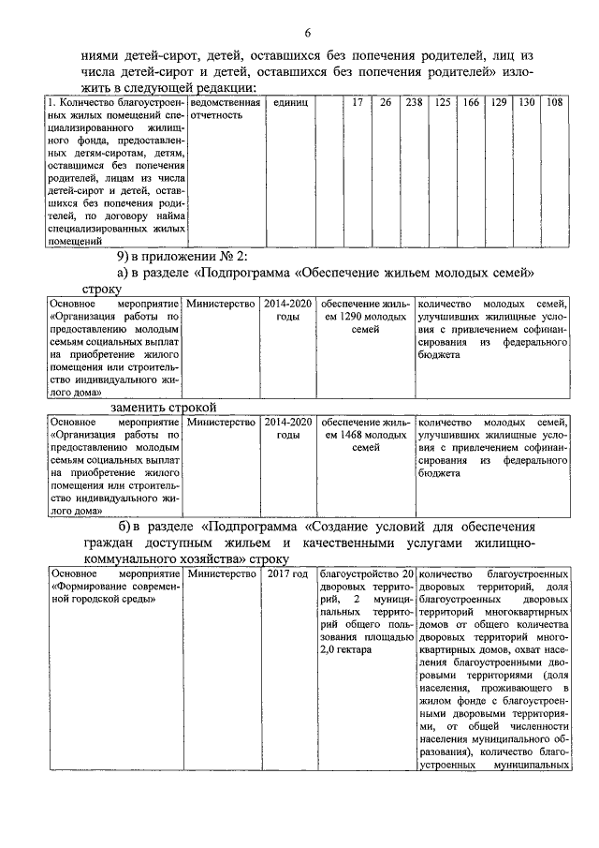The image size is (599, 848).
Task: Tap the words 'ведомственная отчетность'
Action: pyautogui.click(x=221, y=108)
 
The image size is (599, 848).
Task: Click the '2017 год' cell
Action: pyautogui.click(x=286, y=573)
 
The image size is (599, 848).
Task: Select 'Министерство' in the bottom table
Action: pyautogui.click(x=221, y=573)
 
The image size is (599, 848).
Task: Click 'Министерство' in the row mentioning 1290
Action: pyautogui.click(x=221, y=304)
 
